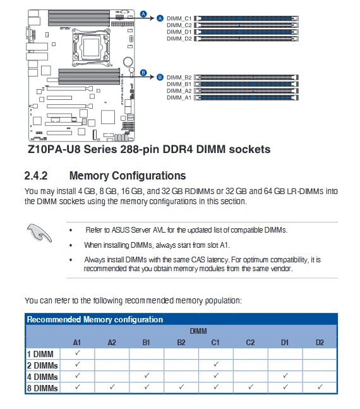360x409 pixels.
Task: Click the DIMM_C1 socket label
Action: (179, 18)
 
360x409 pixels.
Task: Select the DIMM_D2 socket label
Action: (179, 39)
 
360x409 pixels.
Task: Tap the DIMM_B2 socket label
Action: (179, 78)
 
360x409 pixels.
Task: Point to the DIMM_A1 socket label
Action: (179, 97)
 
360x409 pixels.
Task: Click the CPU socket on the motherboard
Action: (91, 47)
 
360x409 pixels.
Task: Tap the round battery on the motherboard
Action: (128, 62)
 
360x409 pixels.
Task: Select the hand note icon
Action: (39, 233)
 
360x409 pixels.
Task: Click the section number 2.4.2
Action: (36, 176)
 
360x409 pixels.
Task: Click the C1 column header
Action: (215, 343)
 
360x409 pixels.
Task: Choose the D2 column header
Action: (320, 343)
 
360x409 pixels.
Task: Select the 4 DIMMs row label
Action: (42, 377)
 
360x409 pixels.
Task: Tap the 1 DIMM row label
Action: (40, 354)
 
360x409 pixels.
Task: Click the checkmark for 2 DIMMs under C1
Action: (216, 364)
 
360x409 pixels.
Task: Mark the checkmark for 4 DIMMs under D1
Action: (285, 375)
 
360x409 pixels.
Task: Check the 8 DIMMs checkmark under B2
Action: (181, 387)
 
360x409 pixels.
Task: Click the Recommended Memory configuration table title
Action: (95, 319)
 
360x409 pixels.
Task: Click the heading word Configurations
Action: (149, 176)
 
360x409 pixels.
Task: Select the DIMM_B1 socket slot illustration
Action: (246, 84)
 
